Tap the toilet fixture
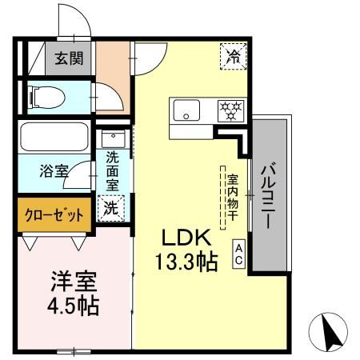click(x=44, y=98)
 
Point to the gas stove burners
click(x=231, y=110)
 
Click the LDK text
click(x=186, y=238)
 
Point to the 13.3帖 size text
click(x=186, y=262)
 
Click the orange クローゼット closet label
click(x=53, y=215)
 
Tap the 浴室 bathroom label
click(x=54, y=170)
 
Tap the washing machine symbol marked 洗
click(x=111, y=209)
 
